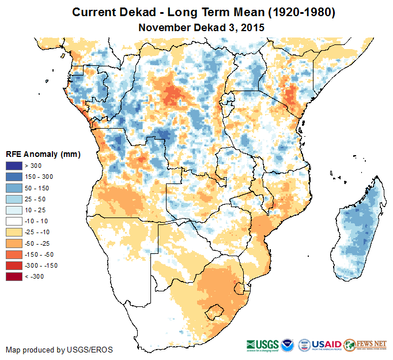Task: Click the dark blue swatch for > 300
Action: click(x=14, y=166)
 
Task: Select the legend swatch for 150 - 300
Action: click(x=14, y=177)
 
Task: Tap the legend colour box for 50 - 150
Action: click(x=14, y=188)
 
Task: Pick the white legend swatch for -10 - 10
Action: click(x=14, y=221)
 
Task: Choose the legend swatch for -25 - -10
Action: click(x=14, y=232)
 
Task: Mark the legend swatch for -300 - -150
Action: click(x=14, y=265)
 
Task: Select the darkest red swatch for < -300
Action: click(x=14, y=276)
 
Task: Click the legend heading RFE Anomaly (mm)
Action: click(x=43, y=154)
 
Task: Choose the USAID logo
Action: click(x=326, y=344)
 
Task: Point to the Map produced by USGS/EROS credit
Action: click(x=59, y=350)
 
